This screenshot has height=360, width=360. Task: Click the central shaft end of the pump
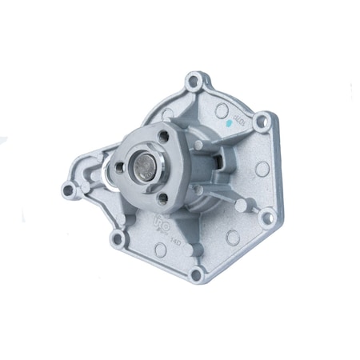(145, 169)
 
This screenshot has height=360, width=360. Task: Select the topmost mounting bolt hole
(193, 81)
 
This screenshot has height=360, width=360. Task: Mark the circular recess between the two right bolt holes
(261, 169)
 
